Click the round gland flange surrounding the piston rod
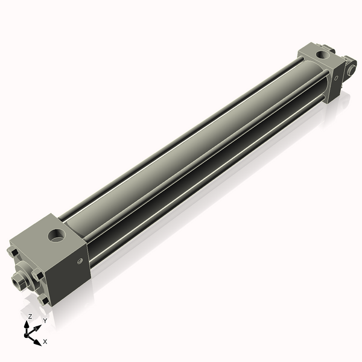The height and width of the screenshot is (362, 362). pos(26,272)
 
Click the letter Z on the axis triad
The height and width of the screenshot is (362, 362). pos(30,317)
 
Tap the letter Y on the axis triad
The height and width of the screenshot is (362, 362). pos(45,320)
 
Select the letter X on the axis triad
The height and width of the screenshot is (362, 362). pos(45,341)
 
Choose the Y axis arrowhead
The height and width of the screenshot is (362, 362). pos(38,326)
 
